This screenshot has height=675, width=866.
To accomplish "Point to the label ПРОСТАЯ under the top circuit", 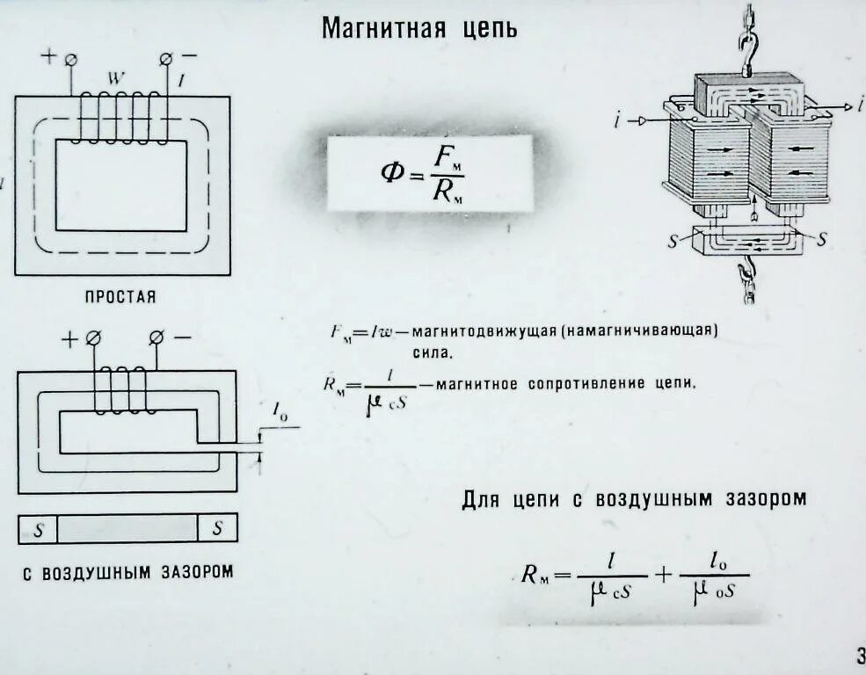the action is pos(120,297).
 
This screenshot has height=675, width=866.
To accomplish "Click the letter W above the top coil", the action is pos(113,78).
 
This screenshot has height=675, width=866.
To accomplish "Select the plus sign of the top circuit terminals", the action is pos(48,56).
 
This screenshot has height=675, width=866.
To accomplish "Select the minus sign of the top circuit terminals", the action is pos(190,56).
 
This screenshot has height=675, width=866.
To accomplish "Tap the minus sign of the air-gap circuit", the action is pos(182,338).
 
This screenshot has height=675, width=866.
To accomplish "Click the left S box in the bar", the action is pos(38,528).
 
